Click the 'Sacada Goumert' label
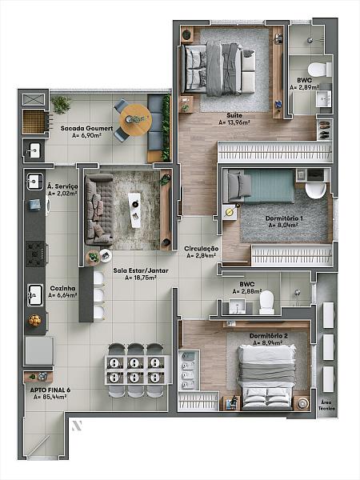click(86, 128)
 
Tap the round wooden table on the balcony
click(136, 120)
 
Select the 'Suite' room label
click(234, 115)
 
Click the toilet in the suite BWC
click(319, 70)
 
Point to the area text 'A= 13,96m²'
click(234, 122)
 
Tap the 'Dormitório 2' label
click(269, 336)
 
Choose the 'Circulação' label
click(202, 249)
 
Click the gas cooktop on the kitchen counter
click(36, 254)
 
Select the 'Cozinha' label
click(62, 288)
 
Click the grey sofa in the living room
click(98, 210)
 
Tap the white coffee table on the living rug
click(135, 210)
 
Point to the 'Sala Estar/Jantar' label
click(141, 270)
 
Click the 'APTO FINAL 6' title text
click(50, 390)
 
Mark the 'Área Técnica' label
click(327, 405)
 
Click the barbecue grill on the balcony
click(34, 122)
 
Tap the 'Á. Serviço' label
click(62, 186)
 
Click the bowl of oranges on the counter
click(34, 320)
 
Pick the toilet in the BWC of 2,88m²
click(266, 302)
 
